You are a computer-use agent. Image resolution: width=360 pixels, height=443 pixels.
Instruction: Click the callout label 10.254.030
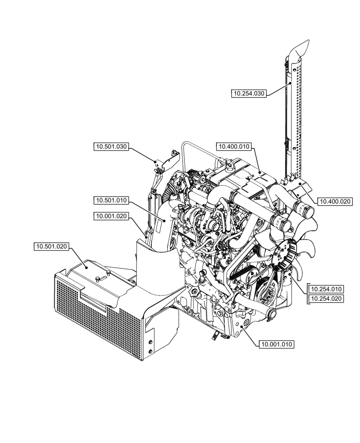coord(249,93)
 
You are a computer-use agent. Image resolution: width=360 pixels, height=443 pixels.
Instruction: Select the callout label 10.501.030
coord(111,147)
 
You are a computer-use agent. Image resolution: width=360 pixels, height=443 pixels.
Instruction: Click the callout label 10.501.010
coord(111,201)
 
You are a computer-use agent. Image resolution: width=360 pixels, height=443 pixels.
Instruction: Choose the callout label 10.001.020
coord(111,216)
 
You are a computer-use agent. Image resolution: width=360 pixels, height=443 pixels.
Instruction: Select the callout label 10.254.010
coord(326,289)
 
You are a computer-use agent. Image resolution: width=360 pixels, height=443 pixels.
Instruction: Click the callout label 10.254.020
coord(326,299)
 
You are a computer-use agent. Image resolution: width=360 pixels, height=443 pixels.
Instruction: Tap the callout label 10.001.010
coord(278,343)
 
